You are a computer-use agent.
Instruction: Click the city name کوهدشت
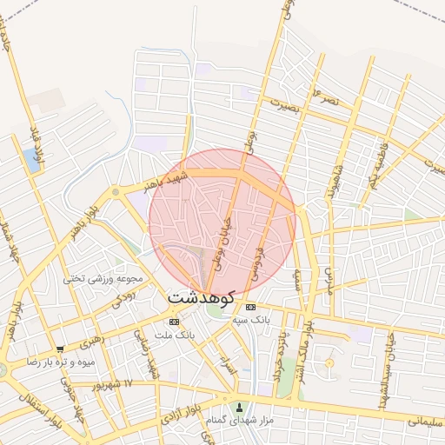[x=201, y=298]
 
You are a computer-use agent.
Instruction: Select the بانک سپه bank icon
[x=251, y=307]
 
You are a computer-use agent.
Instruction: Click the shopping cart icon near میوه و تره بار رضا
[x=59, y=349]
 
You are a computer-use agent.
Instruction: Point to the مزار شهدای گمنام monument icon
[x=241, y=408]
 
